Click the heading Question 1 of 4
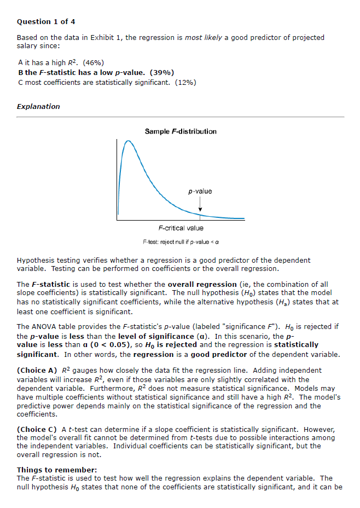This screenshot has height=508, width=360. pyautogui.click(x=46, y=22)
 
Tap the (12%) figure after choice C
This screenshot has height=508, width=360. pyautogui.click(x=185, y=82)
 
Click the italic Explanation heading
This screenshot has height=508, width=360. pyautogui.click(x=38, y=106)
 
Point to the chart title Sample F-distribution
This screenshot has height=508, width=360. pyautogui.click(x=181, y=131)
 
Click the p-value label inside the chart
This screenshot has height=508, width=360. pyautogui.click(x=200, y=191)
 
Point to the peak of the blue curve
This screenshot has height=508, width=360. pyautogui.click(x=129, y=141)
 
